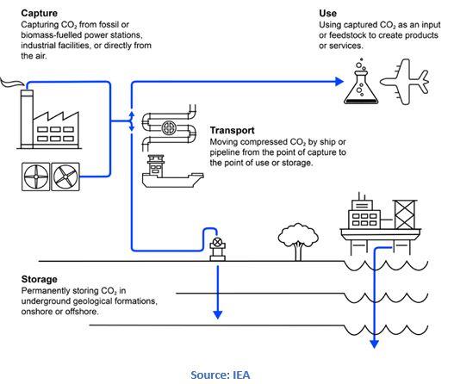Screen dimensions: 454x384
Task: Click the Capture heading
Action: pos(39,13)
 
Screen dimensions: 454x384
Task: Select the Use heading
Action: pos(327,13)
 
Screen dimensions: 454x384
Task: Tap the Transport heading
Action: pos(233,130)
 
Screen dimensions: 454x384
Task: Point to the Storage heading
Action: pos(39,279)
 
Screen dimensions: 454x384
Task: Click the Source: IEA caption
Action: pos(221,375)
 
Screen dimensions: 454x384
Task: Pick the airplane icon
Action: pos(405,82)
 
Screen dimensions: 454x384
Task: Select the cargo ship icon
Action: pos(173,171)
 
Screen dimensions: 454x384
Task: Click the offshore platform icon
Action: pos(381,224)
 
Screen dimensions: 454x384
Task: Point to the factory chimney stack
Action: pos(27,119)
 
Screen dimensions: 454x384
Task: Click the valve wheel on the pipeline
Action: pos(169,128)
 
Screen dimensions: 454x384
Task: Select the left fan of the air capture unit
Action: pos(36,177)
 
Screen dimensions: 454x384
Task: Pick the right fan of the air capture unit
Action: pos(65,177)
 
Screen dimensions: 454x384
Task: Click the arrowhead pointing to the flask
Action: pos(339,82)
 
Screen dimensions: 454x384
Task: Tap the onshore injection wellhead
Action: pos(217,249)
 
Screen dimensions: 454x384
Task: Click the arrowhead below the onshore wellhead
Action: pos(218,315)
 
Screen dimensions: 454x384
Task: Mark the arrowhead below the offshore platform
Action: pos(375,344)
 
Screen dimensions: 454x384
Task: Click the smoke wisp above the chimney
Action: pos(11,82)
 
